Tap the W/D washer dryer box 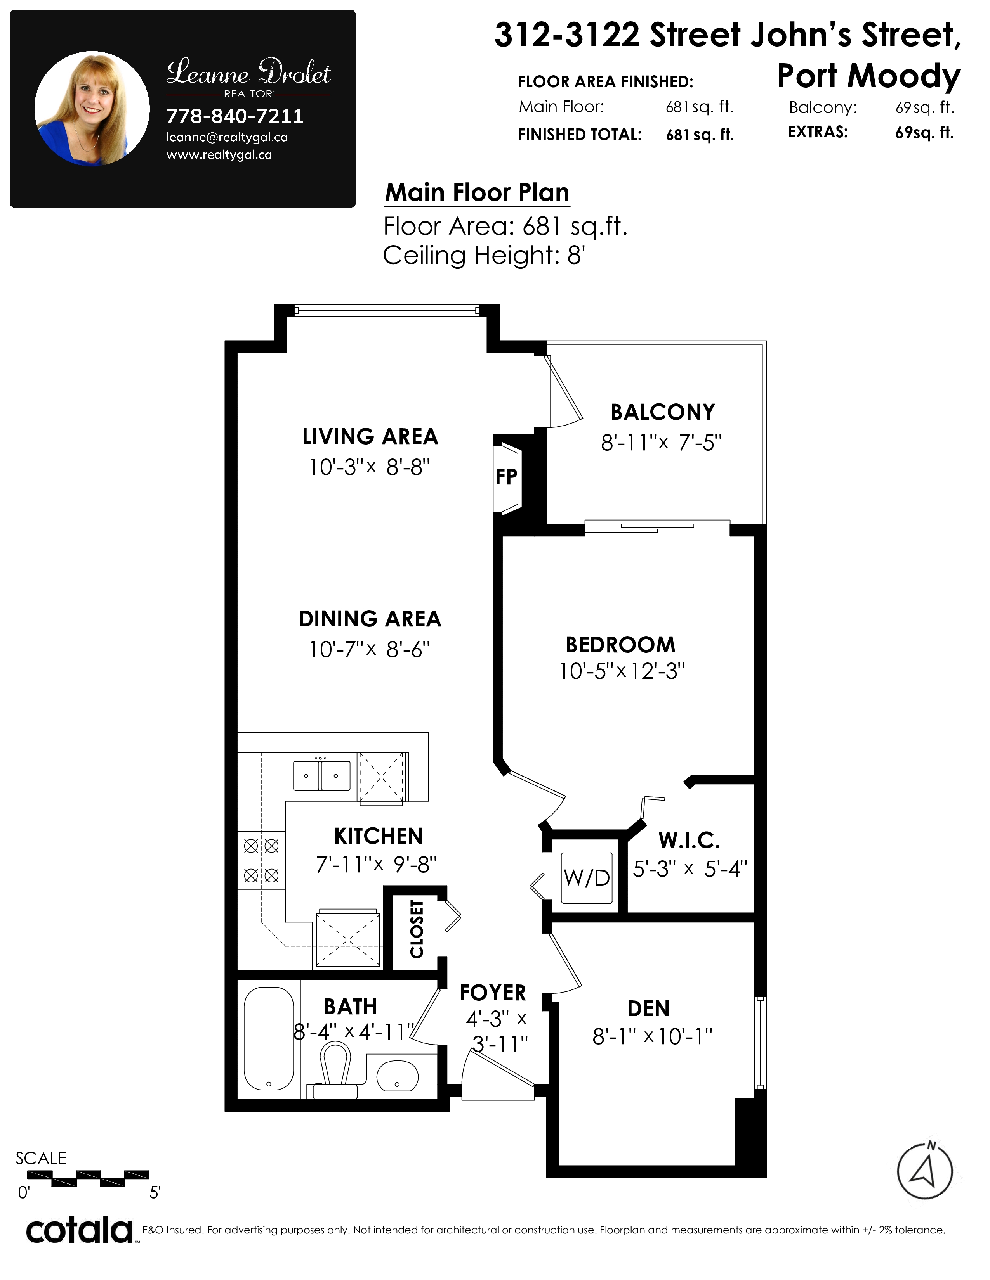[x=587, y=877]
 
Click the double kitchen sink [x=321, y=775]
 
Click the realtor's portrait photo [x=92, y=109]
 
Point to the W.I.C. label [x=689, y=841]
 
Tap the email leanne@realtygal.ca [x=227, y=138]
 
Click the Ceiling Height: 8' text [x=484, y=256]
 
